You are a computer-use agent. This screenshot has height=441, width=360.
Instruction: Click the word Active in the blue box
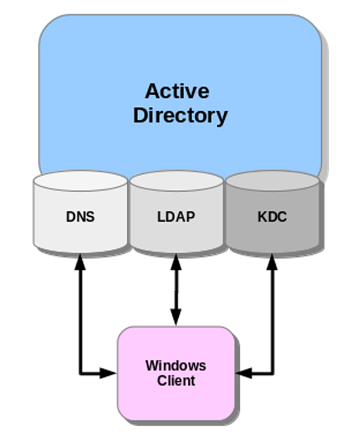coord(177,91)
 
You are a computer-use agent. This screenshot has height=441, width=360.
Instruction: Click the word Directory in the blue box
coord(180,115)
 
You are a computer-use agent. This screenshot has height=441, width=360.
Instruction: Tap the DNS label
coord(80,217)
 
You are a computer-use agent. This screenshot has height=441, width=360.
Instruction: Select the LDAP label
coord(176,217)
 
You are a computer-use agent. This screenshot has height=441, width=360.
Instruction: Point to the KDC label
coord(272,217)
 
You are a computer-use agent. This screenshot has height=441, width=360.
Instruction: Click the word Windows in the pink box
coord(176,365)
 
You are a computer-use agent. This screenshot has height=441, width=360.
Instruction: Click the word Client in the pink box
coord(176,381)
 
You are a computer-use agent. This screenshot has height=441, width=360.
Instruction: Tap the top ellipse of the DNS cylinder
coord(80,181)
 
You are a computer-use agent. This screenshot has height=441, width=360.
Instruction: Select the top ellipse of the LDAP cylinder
coord(176,181)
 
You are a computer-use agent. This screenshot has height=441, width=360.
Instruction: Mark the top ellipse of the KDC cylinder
coord(273,181)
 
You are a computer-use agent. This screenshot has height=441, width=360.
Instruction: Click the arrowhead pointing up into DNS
coord(80,262)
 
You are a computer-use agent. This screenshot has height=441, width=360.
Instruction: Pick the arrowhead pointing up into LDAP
coord(176,262)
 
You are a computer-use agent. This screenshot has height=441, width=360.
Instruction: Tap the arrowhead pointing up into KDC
coord(272,262)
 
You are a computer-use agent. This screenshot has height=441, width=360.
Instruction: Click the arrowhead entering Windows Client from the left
coord(108,373)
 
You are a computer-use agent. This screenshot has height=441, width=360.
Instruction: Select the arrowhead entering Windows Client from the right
coord(243,373)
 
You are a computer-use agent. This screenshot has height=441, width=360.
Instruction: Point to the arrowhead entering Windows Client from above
coord(176,318)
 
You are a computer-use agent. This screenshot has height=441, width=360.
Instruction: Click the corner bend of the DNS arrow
coord(80,373)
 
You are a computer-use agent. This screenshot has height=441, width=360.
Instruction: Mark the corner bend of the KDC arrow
coord(272,373)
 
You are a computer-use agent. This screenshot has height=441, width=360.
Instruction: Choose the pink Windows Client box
coord(176,373)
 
